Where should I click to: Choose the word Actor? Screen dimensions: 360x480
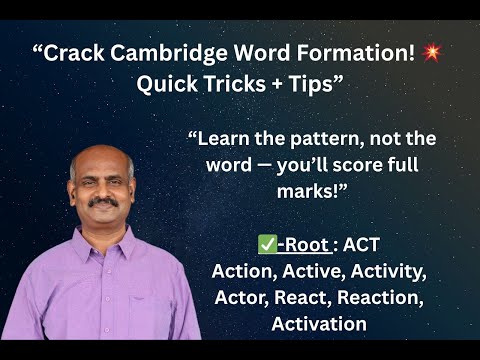(241, 297)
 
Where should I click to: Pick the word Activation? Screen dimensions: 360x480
(319, 323)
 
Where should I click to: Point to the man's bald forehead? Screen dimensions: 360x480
(103, 160)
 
